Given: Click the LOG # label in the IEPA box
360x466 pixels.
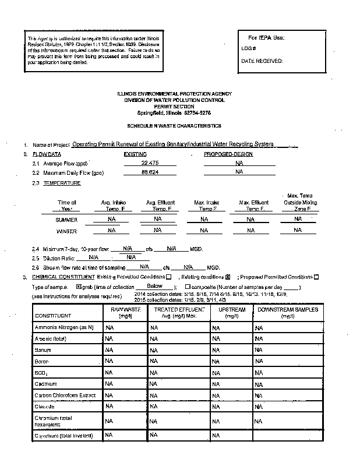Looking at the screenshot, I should [248, 48].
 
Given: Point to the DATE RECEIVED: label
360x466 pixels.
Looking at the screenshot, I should [262, 61].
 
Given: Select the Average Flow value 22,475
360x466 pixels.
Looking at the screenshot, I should [150, 163].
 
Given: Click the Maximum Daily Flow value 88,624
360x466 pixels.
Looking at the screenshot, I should [150, 173].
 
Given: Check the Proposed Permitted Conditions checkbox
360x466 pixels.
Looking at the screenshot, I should [316, 277].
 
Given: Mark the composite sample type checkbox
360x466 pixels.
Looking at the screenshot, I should [187, 287].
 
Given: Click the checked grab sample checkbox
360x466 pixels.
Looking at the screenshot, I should [79, 287].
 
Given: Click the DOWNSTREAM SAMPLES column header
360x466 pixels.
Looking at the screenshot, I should [287, 312].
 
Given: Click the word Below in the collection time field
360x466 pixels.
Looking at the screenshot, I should [154, 286].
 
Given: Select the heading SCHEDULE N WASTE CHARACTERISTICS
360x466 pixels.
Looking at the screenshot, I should [174, 126].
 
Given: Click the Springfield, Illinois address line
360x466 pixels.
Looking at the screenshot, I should [174, 112].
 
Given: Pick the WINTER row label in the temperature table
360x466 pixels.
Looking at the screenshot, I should [66, 231].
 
